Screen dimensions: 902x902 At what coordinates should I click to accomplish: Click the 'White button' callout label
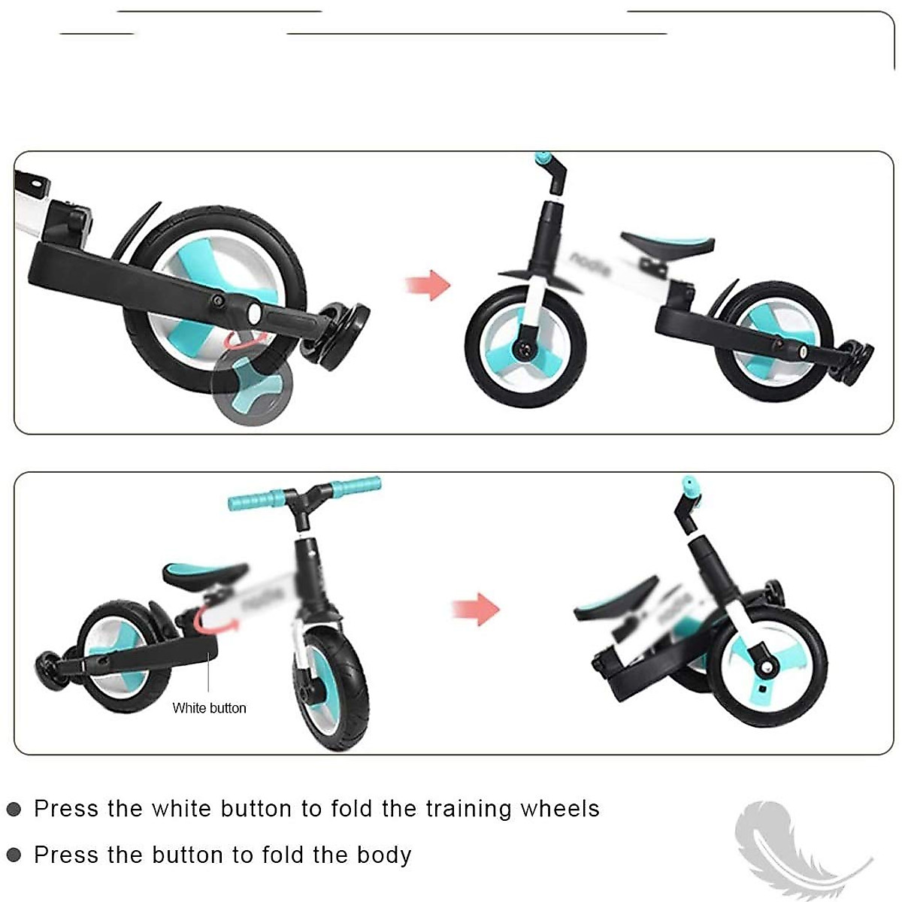click(x=209, y=708)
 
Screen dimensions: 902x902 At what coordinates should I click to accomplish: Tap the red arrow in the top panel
click(x=428, y=286)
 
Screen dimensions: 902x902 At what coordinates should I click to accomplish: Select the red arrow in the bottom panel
click(x=476, y=608)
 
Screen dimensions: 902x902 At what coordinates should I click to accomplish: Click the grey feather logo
click(x=789, y=846)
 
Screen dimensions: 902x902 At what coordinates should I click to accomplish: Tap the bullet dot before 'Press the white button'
click(x=14, y=810)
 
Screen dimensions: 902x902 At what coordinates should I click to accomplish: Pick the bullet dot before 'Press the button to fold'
click(x=14, y=855)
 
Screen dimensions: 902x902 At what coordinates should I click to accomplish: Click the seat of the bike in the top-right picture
click(x=669, y=244)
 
